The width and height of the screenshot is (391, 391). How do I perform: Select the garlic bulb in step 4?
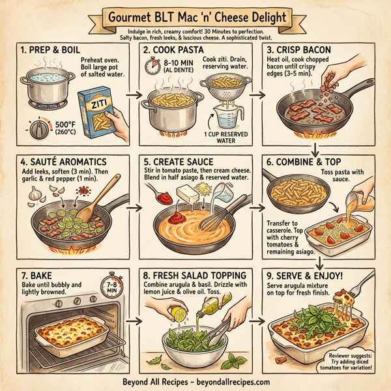[34, 190]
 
